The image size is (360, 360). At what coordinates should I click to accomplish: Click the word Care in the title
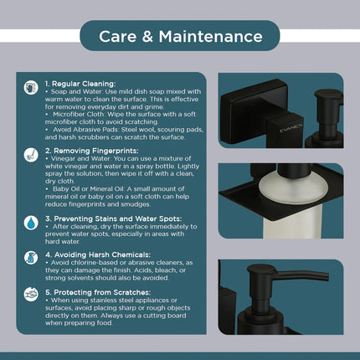(x=118, y=37)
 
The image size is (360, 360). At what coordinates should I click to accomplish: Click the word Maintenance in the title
(x=211, y=37)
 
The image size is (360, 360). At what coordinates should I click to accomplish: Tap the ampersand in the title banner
(x=147, y=37)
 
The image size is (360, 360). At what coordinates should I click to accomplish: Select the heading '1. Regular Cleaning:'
(x=80, y=84)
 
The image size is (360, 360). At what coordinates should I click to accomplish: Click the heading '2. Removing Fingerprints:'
(x=92, y=151)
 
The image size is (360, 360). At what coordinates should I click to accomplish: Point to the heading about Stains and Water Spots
(x=114, y=219)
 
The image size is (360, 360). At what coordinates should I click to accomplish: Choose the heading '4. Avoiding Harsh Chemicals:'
(x=98, y=255)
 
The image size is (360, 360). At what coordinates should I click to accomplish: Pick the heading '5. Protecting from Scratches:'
(x=98, y=292)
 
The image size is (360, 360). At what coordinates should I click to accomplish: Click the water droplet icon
(x=31, y=223)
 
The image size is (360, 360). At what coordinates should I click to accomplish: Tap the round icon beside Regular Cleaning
(x=31, y=88)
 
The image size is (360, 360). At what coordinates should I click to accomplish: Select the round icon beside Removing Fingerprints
(x=31, y=155)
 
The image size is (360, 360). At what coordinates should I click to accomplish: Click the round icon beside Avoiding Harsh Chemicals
(x=31, y=258)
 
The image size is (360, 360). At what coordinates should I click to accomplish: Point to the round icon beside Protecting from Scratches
(x=31, y=295)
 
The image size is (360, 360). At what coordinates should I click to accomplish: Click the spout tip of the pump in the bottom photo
(x=327, y=277)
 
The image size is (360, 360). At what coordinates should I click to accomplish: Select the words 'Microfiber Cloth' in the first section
(x=79, y=115)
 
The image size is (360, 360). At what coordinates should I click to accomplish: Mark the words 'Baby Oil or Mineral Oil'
(x=89, y=189)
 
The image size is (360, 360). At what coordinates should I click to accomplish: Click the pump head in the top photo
(x=328, y=95)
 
